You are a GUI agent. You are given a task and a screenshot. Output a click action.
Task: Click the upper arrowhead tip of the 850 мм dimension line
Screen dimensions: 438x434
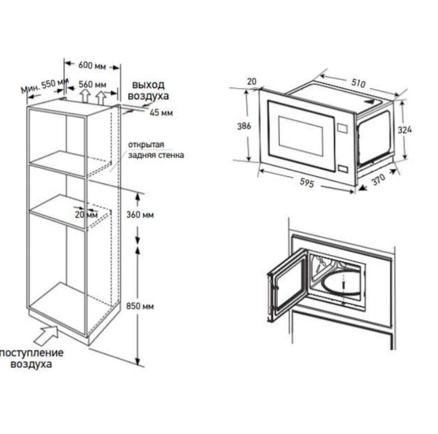click(138, 247)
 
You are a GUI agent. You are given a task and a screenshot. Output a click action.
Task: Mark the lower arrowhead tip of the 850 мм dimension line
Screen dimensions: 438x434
click(138, 365)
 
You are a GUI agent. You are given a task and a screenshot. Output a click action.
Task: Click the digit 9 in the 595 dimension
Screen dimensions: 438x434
click(307, 182)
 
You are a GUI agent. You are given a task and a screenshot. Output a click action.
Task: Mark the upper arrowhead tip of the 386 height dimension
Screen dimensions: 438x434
click(247, 90)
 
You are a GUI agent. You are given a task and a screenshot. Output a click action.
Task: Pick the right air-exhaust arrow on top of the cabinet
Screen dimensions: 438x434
click(101, 98)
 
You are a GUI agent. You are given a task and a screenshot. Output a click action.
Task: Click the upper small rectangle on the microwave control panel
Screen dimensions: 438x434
click(343, 128)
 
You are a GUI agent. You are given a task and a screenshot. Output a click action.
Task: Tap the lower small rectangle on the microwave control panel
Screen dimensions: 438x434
click(343, 169)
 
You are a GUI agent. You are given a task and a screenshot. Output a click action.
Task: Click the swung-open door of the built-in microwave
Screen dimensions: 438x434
click(287, 285)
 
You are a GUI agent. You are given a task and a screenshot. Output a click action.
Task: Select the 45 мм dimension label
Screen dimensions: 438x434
click(161, 113)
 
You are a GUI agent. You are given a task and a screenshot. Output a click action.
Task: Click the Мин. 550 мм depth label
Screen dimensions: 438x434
click(44, 85)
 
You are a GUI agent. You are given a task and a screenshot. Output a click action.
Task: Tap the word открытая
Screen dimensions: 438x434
click(146, 145)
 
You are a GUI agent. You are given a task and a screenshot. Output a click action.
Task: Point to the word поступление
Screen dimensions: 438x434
click(32, 353)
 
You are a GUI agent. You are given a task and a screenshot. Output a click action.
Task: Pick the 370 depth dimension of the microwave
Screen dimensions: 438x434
click(378, 180)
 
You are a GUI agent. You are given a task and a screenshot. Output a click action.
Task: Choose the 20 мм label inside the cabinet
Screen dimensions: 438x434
click(86, 215)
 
